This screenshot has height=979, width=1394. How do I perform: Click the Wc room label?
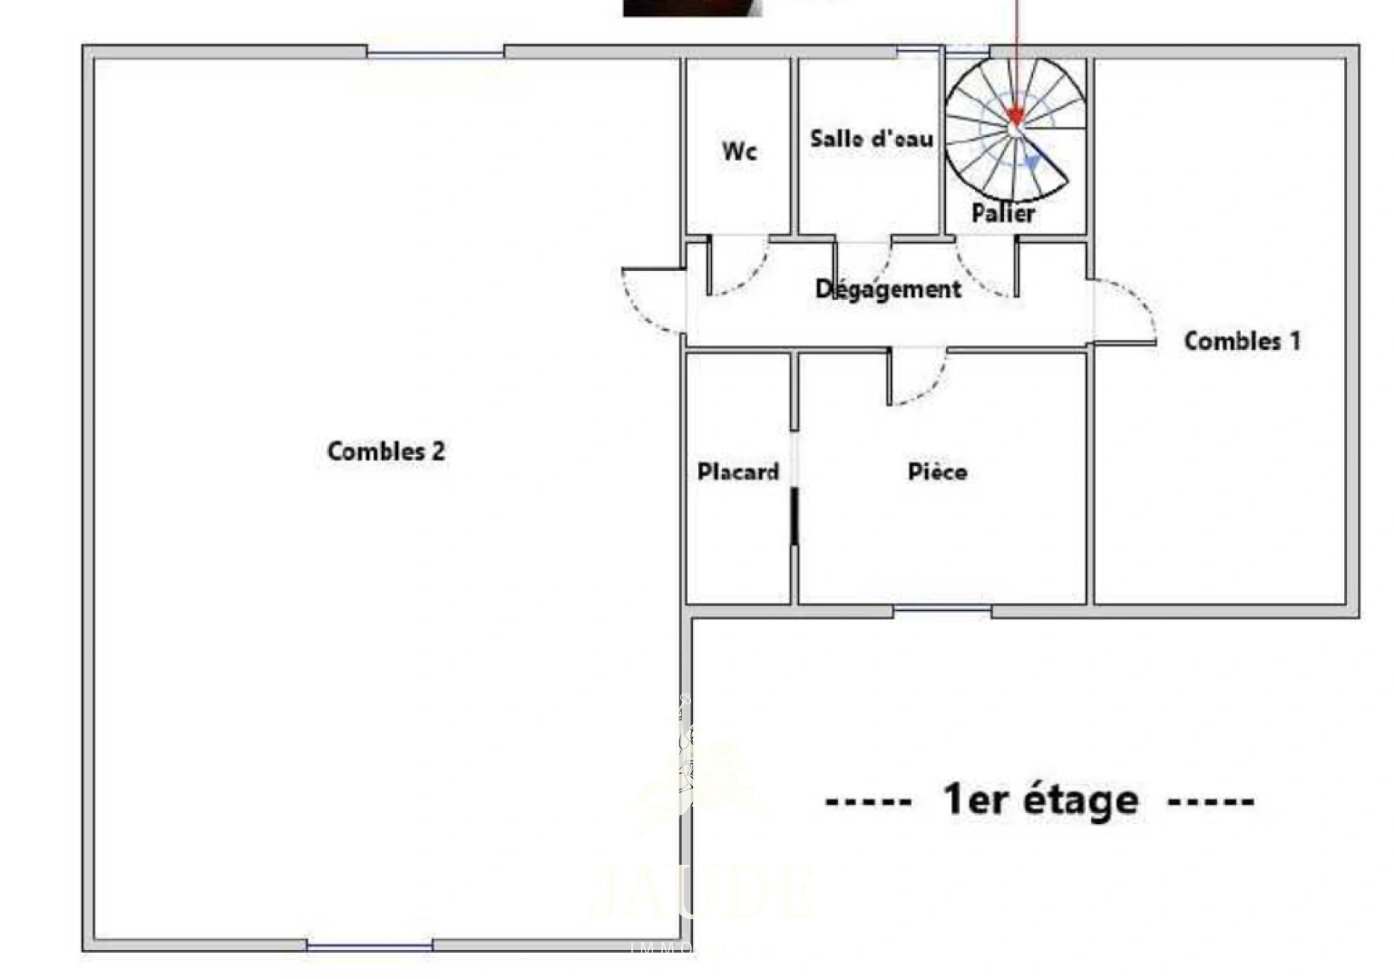point(739,151)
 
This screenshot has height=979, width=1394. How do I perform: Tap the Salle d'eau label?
point(871,139)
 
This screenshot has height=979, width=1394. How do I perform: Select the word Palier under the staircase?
point(1003,213)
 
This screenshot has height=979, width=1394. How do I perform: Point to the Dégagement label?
point(888,289)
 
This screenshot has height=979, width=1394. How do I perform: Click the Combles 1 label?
point(1242,342)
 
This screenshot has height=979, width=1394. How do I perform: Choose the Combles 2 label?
point(386,451)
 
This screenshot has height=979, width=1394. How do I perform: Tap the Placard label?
point(738,472)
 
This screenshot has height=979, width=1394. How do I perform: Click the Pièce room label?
point(937,472)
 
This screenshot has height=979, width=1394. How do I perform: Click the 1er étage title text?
point(1040,800)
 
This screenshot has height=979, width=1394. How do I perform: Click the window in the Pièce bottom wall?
point(942,610)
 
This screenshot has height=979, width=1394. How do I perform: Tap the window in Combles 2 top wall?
point(435,53)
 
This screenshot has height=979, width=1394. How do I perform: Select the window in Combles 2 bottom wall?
point(369,945)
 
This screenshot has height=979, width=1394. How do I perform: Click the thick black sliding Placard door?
point(794,517)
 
